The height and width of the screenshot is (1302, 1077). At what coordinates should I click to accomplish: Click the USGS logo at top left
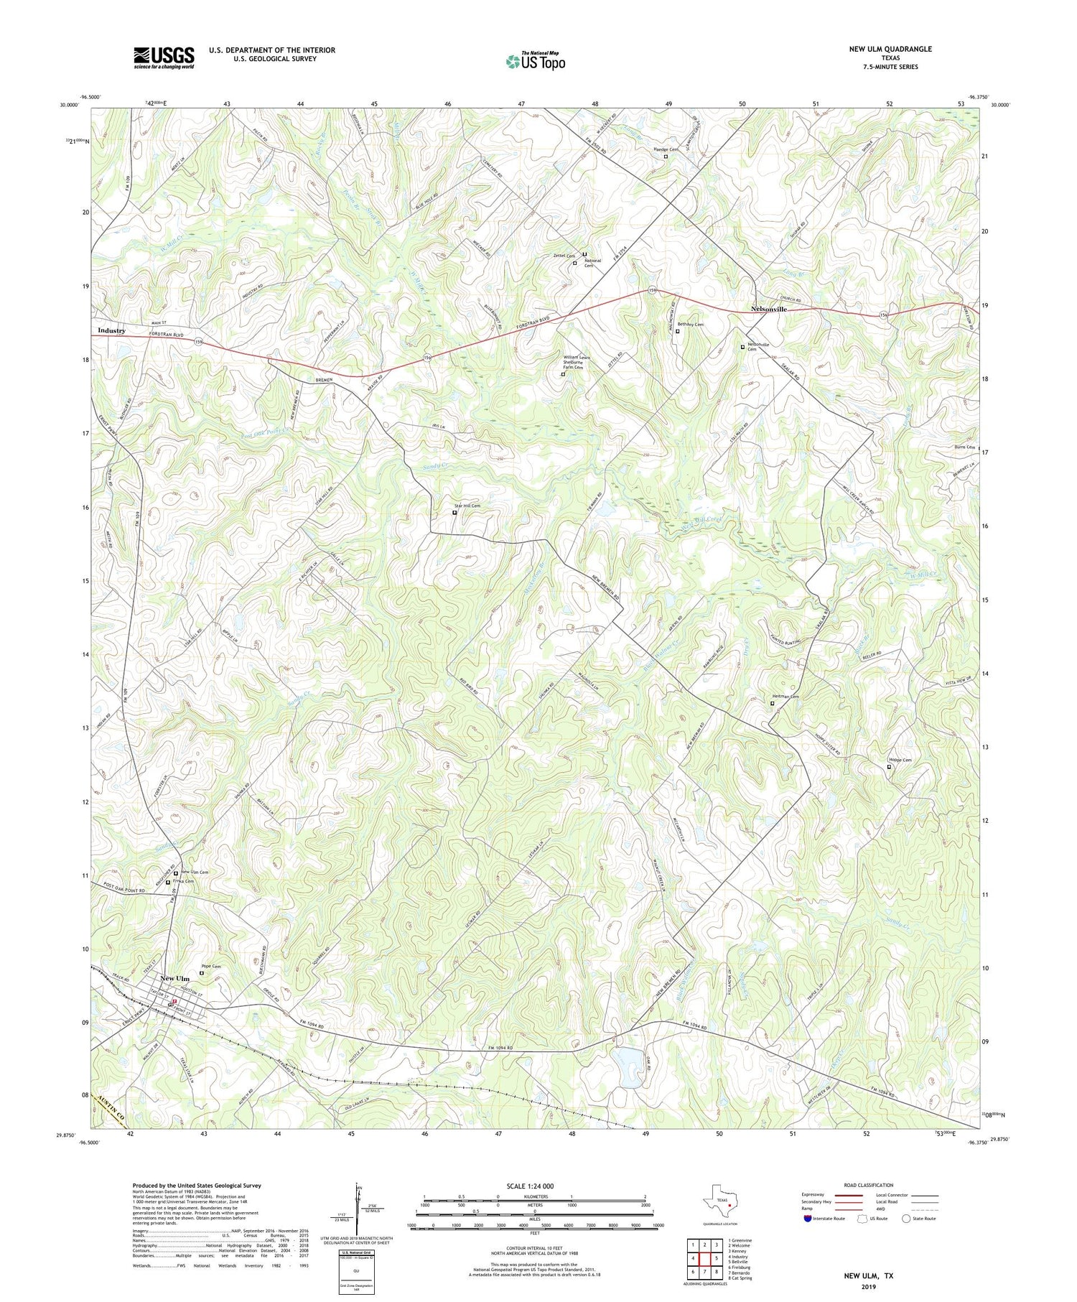click(x=164, y=57)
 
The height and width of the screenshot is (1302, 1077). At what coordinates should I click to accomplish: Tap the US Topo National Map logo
click(x=535, y=61)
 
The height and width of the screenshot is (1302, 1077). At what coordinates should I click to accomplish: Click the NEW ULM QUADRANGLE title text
click(x=888, y=49)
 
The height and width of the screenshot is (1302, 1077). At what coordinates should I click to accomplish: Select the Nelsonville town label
click(x=768, y=309)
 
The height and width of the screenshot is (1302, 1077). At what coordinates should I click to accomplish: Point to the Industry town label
click(x=111, y=330)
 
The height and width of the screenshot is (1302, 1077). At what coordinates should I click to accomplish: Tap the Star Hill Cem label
click(x=467, y=506)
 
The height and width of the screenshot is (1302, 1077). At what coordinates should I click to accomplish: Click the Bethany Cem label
click(x=690, y=325)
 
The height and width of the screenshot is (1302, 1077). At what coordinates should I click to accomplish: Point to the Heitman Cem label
click(x=785, y=696)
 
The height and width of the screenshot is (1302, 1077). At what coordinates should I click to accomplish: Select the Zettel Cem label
click(x=565, y=256)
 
